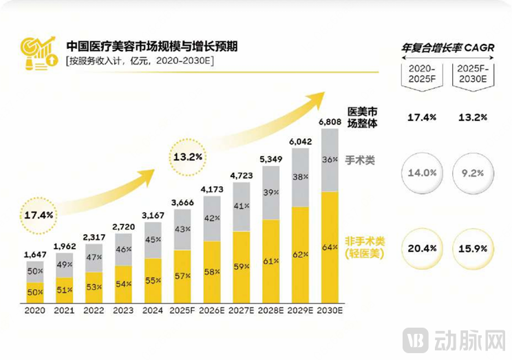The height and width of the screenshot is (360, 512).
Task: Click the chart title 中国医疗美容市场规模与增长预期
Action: tap(153, 46)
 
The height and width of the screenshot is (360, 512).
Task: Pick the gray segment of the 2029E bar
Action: tap(301, 178)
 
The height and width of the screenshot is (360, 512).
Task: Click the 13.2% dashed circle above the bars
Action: tap(188, 156)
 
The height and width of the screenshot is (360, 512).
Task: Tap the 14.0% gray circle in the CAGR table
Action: tap(422, 173)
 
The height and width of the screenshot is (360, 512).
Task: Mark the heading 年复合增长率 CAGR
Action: tap(447, 49)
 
